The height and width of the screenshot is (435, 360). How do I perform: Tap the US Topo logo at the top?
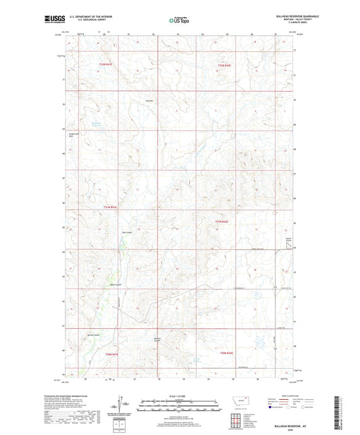(179, 20)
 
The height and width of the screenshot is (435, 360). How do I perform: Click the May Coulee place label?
(126, 233)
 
